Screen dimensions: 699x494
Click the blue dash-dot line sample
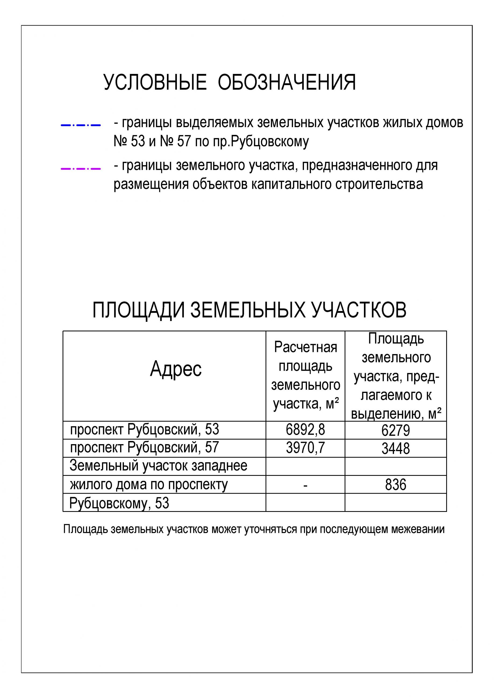tap(81, 125)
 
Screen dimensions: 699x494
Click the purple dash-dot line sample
tap(81, 168)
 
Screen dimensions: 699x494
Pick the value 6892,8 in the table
tap(305, 430)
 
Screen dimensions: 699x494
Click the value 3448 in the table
tap(395, 448)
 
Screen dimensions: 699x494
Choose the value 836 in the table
tap(395, 484)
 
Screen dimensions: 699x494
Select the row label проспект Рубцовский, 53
tap(145, 430)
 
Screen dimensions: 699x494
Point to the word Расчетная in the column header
tap(305, 347)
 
